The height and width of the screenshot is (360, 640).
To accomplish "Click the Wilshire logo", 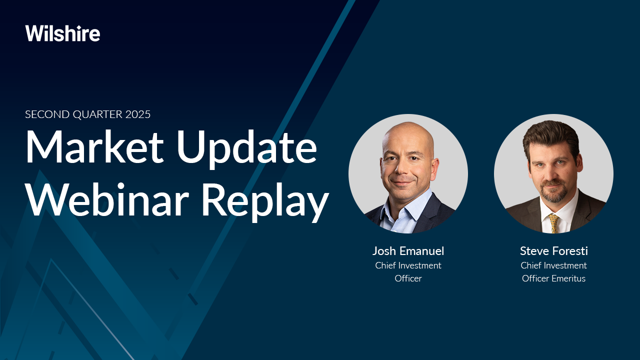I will click(x=62, y=33).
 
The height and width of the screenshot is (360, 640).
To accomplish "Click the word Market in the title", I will click(x=94, y=147).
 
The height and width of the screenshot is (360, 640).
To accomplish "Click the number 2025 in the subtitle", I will click(x=135, y=114).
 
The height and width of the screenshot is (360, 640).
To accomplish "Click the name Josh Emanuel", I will click(x=408, y=251).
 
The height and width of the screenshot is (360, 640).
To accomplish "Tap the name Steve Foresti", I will click(x=553, y=251).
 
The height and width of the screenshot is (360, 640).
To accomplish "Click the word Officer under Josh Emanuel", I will click(x=408, y=278).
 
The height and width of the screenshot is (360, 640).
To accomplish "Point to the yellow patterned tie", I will click(x=553, y=222).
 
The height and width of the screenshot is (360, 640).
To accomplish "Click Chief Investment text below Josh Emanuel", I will click(x=408, y=265).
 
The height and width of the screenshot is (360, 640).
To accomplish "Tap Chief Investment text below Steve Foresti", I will click(x=553, y=265).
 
